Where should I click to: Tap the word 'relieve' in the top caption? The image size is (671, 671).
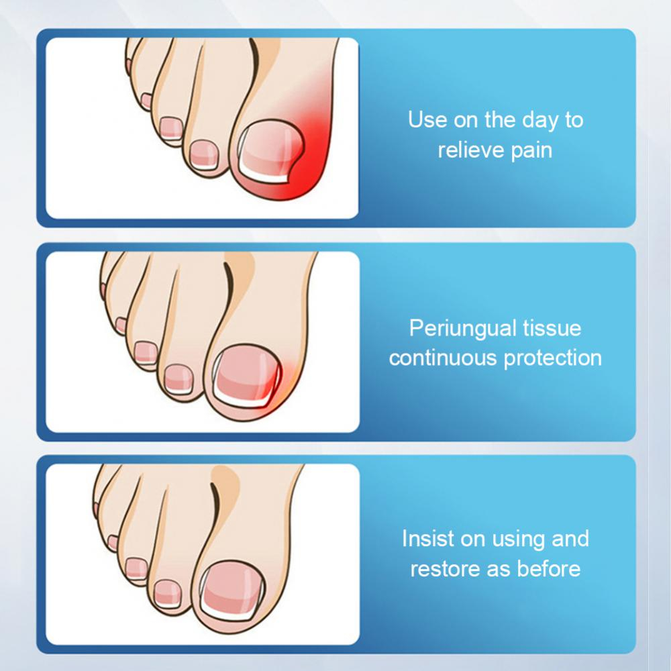pos(468,149)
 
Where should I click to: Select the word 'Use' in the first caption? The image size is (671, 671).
pos(427,120)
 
